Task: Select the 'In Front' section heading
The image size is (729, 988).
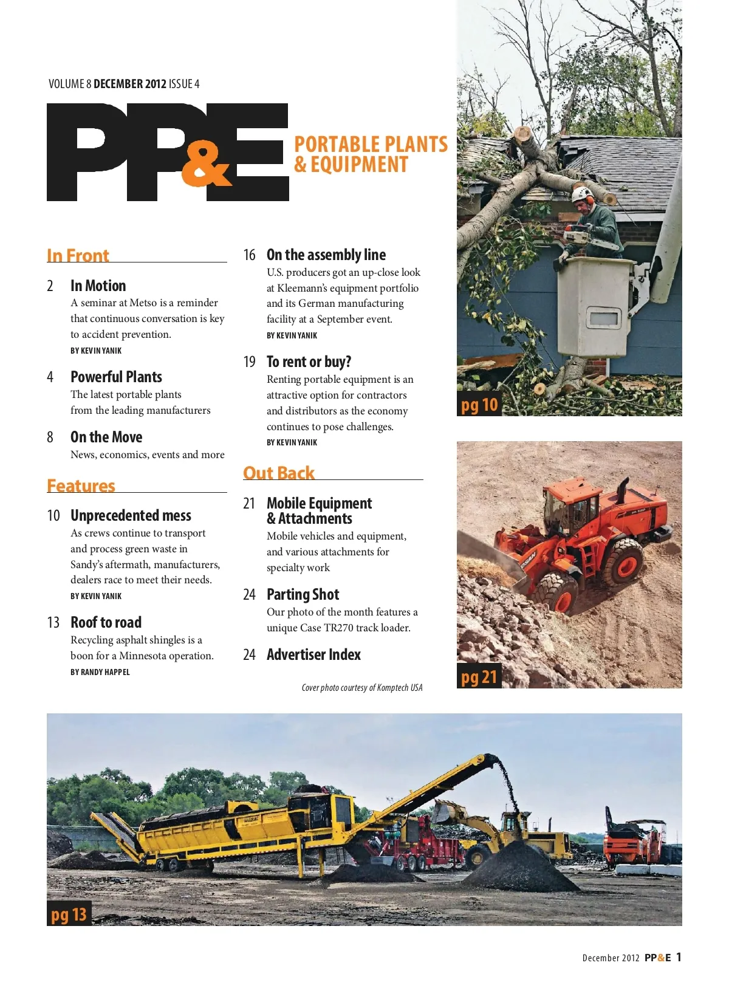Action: point(78,255)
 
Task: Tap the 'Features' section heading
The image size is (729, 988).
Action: point(81,485)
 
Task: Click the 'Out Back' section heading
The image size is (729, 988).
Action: point(279,473)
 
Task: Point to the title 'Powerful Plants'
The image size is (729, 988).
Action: point(116,377)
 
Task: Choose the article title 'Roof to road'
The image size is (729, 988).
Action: point(106,622)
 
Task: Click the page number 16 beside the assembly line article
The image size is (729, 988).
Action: point(249,255)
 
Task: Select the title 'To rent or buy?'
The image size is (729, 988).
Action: point(309,362)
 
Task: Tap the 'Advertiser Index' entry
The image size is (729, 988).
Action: point(313,654)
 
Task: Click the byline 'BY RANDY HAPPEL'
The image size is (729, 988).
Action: point(100,672)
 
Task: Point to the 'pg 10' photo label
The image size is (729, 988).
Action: point(479,405)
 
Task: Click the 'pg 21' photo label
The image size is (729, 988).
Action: point(479,677)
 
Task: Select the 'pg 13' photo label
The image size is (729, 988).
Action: point(69,914)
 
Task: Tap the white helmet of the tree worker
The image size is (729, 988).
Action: point(581,194)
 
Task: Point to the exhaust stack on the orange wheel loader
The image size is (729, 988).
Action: point(623,486)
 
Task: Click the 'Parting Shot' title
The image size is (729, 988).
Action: point(303,594)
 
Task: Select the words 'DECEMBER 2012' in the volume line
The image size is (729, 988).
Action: point(130,84)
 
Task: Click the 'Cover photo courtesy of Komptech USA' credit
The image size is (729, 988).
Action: point(362,688)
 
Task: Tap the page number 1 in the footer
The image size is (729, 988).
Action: point(679,957)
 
